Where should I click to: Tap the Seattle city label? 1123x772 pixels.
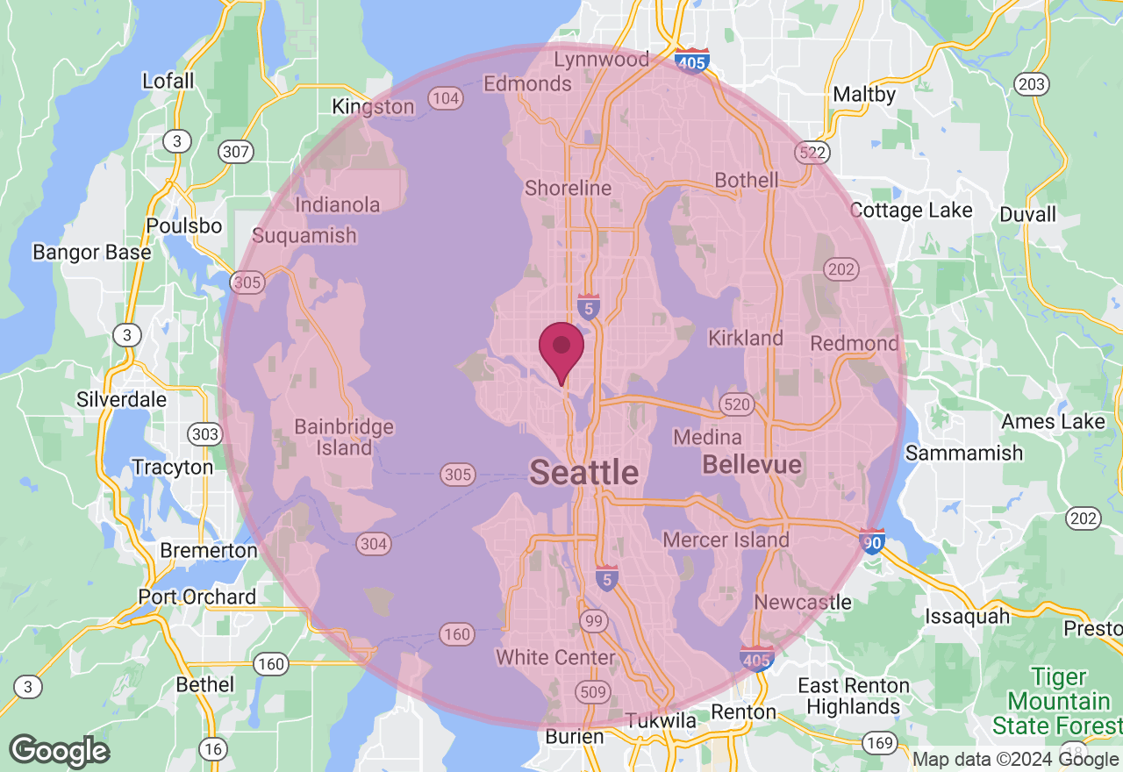pos(584,473)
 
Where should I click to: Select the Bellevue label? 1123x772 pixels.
pos(752,464)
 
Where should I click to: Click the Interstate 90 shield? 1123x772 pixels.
pos(872,540)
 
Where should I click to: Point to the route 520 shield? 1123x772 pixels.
pos(735,404)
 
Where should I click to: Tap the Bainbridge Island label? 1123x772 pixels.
pos(344,437)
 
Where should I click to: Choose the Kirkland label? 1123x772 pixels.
pos(746,338)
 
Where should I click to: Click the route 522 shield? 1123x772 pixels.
pos(812,153)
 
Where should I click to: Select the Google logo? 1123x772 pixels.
pos(59,752)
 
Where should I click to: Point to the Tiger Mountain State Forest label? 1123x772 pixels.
pos(1059,701)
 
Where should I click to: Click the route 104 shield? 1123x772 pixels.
pos(446,98)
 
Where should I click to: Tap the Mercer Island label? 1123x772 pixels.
pos(726,540)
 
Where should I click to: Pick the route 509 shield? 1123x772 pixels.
pos(594,692)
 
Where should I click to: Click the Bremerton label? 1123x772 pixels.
pos(209,551)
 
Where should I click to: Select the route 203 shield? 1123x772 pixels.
pos(1032,84)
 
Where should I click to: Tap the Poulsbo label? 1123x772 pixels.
pos(184,225)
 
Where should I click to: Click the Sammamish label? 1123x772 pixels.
pos(963,453)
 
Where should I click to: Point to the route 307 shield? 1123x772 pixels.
pos(236,152)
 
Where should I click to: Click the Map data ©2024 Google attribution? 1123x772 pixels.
pos(1016,760)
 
